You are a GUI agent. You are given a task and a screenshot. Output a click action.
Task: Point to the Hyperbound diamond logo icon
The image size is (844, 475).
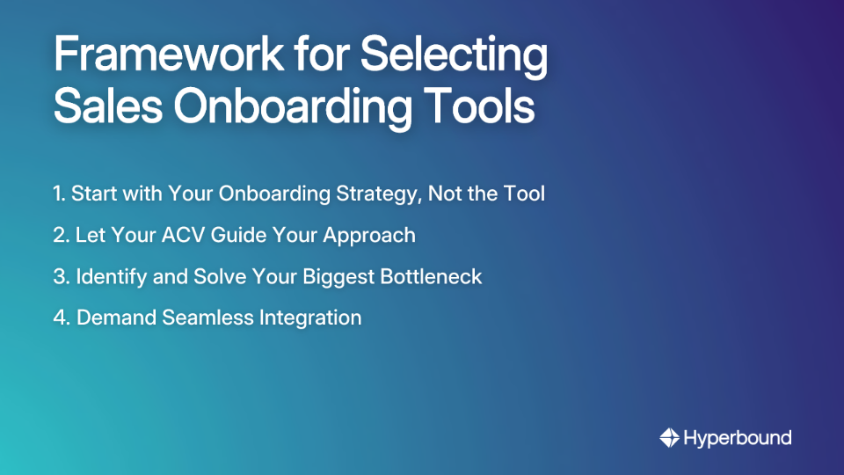coord(669,437)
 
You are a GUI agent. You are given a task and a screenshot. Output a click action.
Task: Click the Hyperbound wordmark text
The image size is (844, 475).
coord(738,437)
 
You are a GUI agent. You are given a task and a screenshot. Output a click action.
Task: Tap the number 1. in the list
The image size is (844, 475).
coord(59,194)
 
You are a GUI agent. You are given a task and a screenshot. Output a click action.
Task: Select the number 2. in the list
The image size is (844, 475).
coord(61,235)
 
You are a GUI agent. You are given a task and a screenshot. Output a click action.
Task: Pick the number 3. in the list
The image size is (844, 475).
coord(61,276)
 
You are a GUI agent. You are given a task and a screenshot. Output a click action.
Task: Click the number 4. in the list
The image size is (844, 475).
coord(62,318)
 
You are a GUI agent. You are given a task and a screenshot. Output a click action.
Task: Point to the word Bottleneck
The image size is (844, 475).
coord(431,276)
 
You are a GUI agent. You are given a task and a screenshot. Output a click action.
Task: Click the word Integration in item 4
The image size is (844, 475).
coord(309,318)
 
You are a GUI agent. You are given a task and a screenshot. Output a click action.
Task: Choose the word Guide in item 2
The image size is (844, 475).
coord(234,235)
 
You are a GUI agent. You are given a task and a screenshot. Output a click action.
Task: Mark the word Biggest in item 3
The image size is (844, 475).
coord(340,276)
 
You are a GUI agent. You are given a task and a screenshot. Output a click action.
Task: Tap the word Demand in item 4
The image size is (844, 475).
coord(116,318)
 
